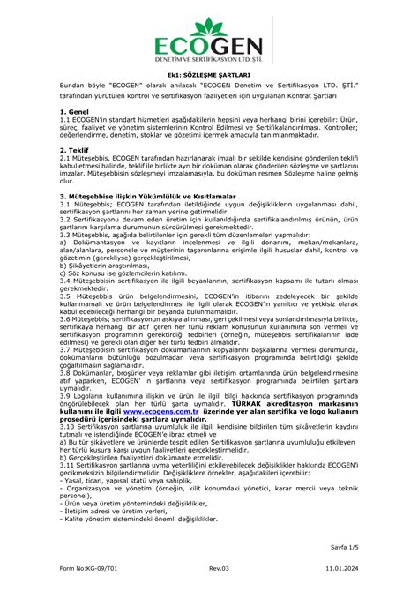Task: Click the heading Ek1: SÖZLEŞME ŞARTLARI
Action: tap(208, 77)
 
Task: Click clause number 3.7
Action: tap(68, 349)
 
